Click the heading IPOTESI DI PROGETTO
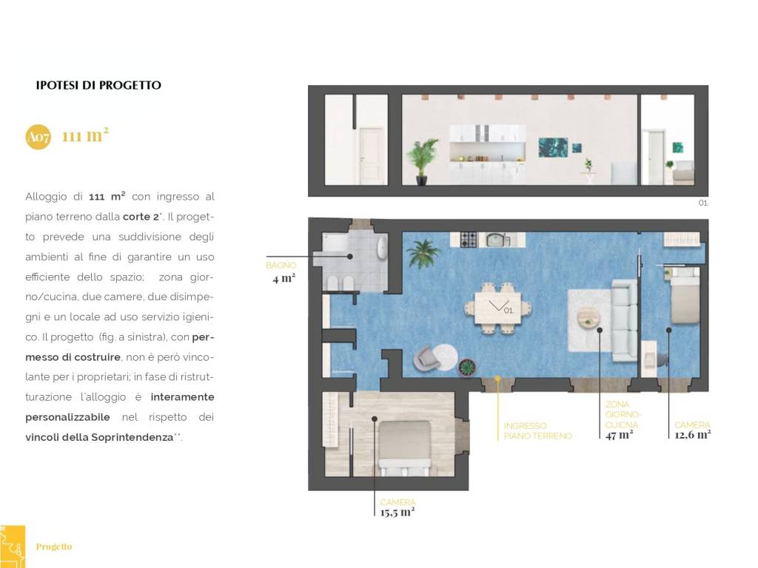(98, 86)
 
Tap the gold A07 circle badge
(38, 137)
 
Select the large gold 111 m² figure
(85, 135)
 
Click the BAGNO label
(281, 266)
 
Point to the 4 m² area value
(284, 278)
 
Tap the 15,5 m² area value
(398, 512)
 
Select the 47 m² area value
(619, 435)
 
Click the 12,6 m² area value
(692, 435)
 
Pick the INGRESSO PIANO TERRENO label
(537, 431)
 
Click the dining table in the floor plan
(498, 308)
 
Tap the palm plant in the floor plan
(423, 253)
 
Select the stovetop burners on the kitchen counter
(469, 239)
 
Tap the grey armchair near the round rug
(426, 358)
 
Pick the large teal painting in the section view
(553, 147)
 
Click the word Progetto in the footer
(53, 547)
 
